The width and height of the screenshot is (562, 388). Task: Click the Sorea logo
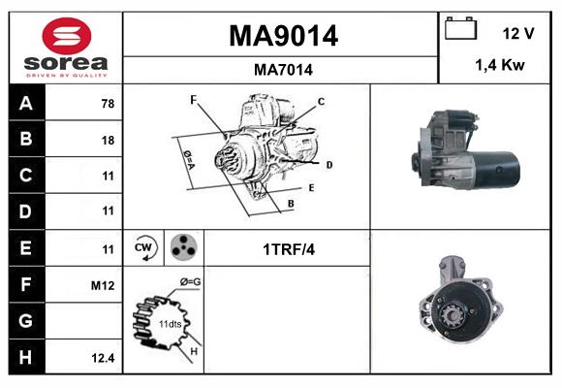pos(66,48)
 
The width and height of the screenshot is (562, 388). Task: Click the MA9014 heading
pos(283,36)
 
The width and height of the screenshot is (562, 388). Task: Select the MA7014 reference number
pos(283,70)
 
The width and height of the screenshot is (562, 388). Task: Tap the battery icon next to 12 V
pos(458,30)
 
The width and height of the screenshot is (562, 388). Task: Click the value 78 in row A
pos(107,104)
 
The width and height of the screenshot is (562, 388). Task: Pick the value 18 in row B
pos(107,140)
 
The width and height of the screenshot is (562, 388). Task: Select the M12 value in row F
pos(104,285)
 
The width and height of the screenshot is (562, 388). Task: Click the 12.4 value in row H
pos(104,357)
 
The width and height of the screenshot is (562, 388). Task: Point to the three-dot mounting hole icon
pos(183,248)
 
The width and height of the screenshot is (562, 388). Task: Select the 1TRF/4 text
pos(288,249)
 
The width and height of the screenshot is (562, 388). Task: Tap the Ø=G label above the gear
pos(190,282)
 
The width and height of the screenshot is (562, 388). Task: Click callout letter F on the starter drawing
pos(194,100)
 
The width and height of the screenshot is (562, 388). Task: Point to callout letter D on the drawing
pos(329,165)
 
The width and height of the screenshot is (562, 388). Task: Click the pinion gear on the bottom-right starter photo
pos(449,312)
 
